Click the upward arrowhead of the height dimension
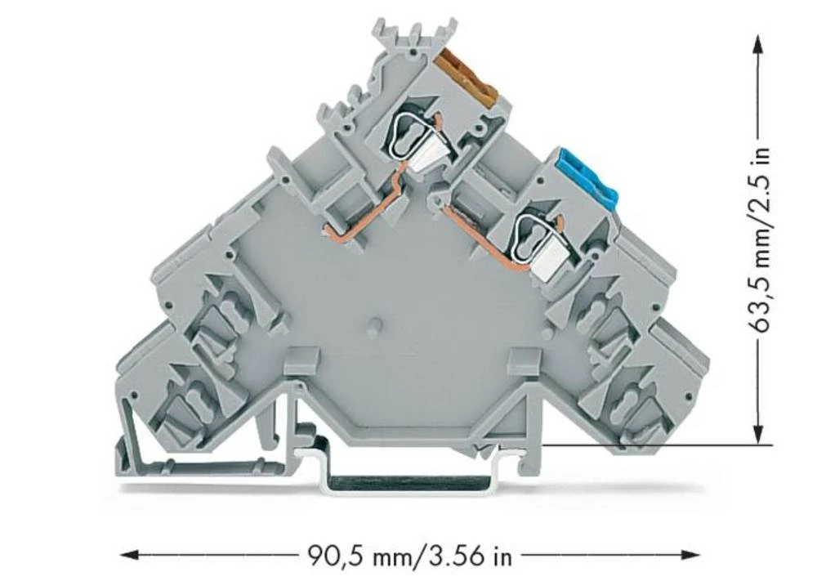759,50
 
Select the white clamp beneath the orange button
425,154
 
